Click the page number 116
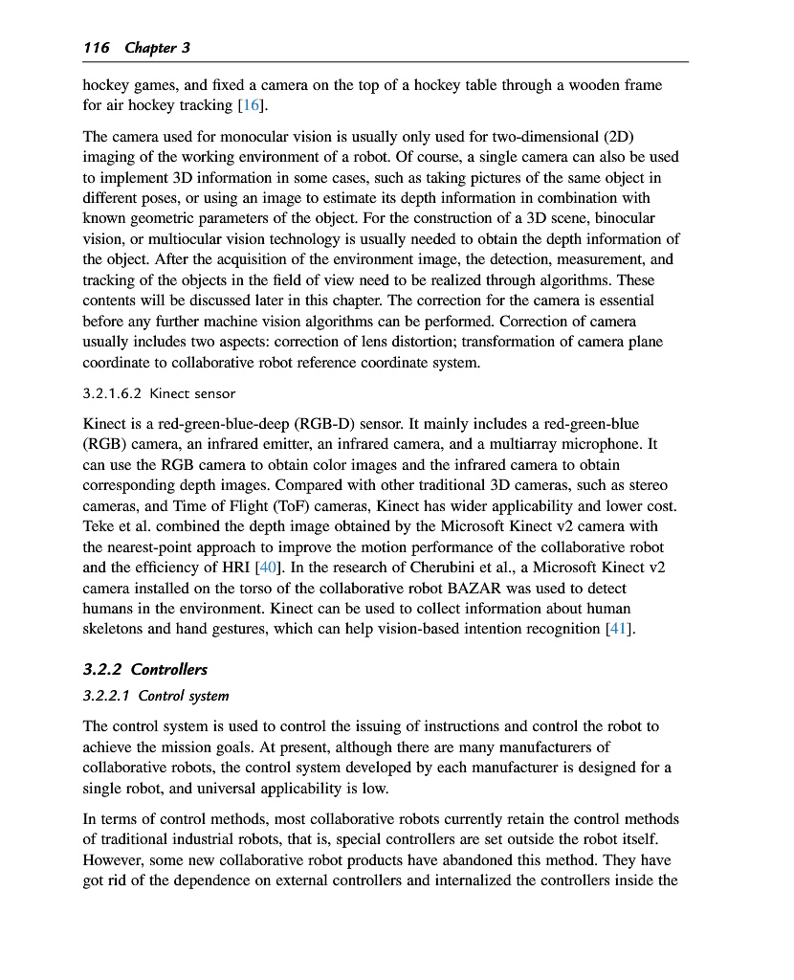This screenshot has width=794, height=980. pyautogui.click(x=97, y=48)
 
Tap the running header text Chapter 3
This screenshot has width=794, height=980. pyautogui.click(x=150, y=48)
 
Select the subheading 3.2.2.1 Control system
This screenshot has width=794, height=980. pyautogui.click(x=156, y=696)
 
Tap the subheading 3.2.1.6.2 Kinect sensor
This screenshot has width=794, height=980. pyautogui.click(x=159, y=393)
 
